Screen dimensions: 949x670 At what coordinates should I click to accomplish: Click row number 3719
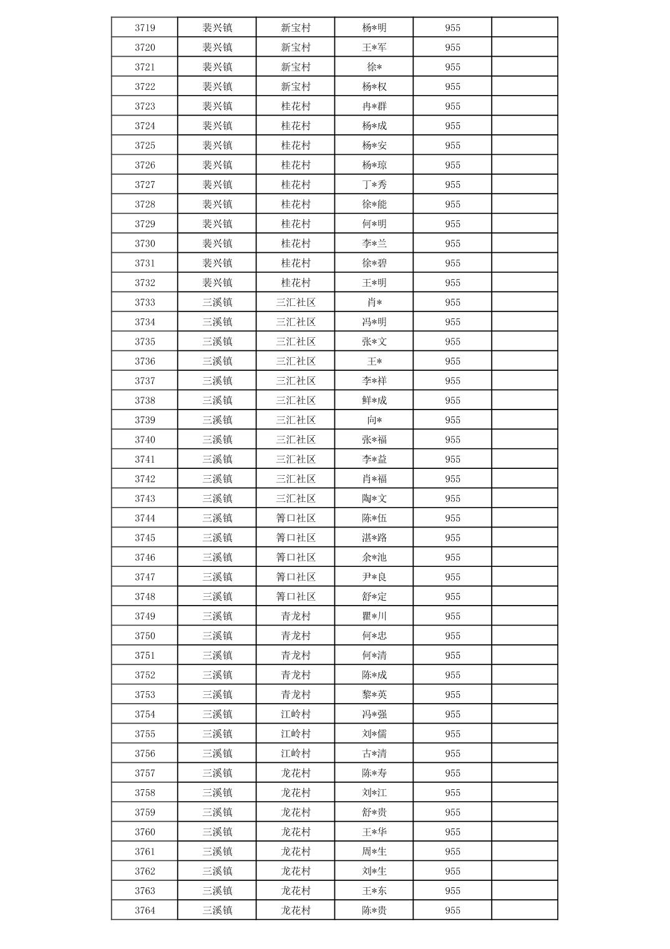coord(145,27)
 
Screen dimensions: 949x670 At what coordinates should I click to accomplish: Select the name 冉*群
coord(374,106)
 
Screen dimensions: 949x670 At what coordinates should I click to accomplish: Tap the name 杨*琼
coord(374,165)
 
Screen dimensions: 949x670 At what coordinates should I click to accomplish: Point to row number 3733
coord(145,302)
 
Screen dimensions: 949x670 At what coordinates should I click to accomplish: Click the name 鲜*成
coord(374,400)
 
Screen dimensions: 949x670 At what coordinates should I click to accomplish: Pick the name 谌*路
coord(374,538)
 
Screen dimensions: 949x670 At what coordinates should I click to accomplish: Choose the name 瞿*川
coord(374,616)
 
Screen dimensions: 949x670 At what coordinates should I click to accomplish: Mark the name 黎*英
coord(374,694)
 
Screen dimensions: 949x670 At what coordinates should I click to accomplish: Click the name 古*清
coord(374,754)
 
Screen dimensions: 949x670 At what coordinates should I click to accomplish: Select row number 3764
coord(145,910)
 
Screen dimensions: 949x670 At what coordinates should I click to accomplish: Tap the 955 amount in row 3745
coord(453,538)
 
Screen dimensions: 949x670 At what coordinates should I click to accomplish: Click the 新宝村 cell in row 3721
coord(296,67)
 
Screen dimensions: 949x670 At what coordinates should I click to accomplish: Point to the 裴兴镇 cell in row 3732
coord(217,283)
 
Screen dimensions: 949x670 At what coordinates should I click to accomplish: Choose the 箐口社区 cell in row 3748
coord(296,596)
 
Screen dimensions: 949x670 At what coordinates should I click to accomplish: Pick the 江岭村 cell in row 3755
coord(296,734)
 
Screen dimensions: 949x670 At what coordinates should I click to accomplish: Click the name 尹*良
coord(374,577)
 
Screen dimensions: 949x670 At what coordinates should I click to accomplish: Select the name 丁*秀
coord(374,184)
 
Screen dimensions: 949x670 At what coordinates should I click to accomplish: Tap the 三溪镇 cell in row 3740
coord(217,440)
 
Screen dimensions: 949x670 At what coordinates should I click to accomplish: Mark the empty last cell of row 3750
coord(525,636)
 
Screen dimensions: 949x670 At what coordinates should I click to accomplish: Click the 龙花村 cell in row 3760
coord(296,832)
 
